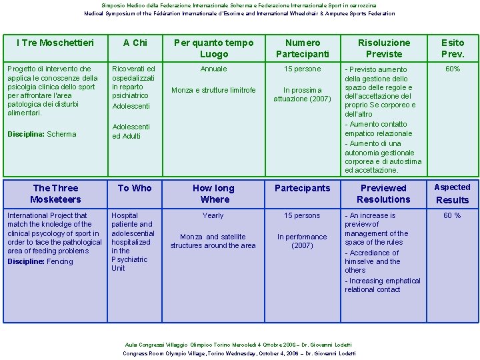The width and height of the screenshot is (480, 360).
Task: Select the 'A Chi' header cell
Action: pyautogui.click(x=135, y=43)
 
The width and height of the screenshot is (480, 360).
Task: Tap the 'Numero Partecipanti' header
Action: pyautogui.click(x=302, y=48)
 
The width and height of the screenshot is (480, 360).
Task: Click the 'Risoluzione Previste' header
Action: pyautogui.click(x=384, y=48)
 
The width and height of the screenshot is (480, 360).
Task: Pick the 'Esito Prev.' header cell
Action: pyautogui.click(x=453, y=48)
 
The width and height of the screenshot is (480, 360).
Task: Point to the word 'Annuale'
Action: pyautogui.click(x=213, y=69)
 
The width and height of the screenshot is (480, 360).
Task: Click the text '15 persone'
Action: pyautogui.click(x=302, y=69)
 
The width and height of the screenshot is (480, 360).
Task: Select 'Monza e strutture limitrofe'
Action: pyautogui.click(x=213, y=90)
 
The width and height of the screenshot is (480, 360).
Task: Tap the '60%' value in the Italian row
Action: pyautogui.click(x=453, y=69)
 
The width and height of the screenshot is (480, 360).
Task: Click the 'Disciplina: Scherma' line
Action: pyautogui.click(x=41, y=134)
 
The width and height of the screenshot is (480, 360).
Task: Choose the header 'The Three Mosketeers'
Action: pyautogui.click(x=55, y=193)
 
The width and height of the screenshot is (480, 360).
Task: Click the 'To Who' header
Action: pyautogui.click(x=135, y=188)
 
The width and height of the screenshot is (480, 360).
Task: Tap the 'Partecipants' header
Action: pyautogui.click(x=302, y=188)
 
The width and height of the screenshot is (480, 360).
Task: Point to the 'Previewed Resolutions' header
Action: pyautogui.click(x=383, y=193)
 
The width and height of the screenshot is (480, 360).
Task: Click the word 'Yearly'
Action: pyautogui.click(x=213, y=215)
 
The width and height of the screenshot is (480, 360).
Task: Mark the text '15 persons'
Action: pyautogui.click(x=302, y=215)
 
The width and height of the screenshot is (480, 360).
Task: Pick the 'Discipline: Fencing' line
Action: pyautogui.click(x=40, y=261)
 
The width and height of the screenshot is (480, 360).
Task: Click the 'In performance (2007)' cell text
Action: pyautogui.click(x=302, y=241)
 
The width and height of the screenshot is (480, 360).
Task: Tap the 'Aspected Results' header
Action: pyautogui.click(x=452, y=193)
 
